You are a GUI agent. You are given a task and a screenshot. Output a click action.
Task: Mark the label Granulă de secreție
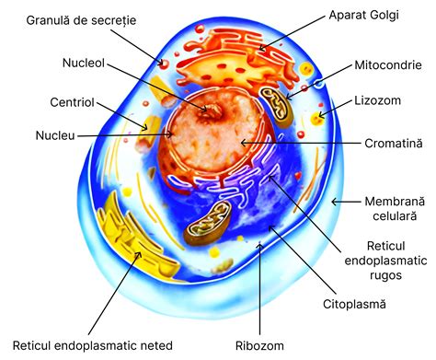81,19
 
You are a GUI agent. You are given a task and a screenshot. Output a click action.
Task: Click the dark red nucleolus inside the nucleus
212,110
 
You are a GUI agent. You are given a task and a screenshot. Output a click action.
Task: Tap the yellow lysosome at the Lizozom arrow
318,117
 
